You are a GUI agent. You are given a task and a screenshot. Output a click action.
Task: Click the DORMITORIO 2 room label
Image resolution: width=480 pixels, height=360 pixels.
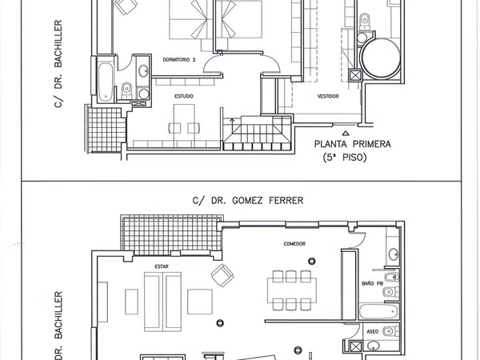point(179,60)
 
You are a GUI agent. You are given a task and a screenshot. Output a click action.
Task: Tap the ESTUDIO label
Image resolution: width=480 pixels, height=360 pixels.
point(184,96)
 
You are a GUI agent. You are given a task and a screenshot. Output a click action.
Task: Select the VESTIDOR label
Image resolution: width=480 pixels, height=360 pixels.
point(328,96)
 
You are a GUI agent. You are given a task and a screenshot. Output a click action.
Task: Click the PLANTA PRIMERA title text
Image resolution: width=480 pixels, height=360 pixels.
point(353,144)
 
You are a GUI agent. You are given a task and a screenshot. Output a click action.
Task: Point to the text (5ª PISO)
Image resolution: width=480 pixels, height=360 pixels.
point(345,158)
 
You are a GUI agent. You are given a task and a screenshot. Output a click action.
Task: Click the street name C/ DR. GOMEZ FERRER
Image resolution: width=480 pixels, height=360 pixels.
point(248,201)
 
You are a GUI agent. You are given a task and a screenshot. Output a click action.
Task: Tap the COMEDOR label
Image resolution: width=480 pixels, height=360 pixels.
point(294,244)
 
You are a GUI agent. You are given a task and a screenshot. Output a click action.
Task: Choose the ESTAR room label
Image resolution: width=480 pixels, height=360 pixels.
point(162,266)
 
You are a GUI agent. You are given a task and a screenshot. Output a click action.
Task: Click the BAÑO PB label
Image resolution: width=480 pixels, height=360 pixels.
point(372,283)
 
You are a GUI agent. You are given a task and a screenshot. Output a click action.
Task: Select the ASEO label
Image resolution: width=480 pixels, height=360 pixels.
point(373,331)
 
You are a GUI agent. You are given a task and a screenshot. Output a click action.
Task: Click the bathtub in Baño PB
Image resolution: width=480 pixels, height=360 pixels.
point(378,312)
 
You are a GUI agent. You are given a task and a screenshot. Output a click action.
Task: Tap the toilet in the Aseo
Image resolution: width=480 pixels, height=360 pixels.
point(391,331)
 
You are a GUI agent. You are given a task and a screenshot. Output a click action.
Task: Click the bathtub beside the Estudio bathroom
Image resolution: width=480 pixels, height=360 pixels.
point(106,82)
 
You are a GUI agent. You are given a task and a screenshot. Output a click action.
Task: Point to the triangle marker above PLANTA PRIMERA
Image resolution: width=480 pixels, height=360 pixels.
point(346,133)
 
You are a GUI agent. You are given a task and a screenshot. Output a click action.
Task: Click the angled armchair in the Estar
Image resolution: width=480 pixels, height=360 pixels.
point(222,275)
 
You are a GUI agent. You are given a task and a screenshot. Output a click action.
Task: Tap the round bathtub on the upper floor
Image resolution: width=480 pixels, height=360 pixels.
point(381,58)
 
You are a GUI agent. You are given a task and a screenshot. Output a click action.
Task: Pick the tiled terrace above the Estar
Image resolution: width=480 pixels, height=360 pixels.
point(172,235)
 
